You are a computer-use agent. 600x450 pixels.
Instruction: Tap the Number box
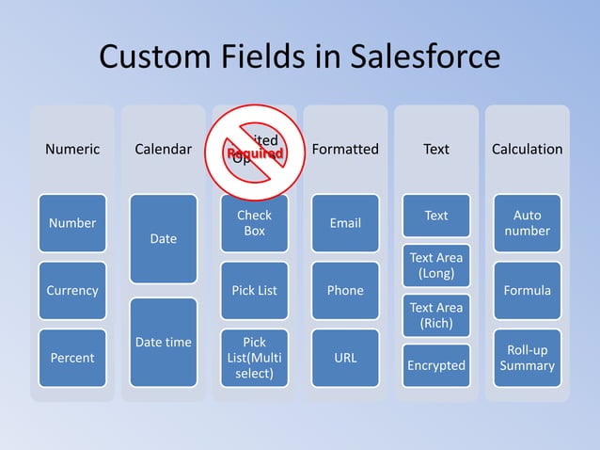[x=72, y=223]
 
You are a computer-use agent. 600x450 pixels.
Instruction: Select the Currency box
[x=72, y=290]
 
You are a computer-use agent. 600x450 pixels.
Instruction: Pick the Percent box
[x=72, y=358]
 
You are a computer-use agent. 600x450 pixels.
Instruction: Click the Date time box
[x=164, y=343]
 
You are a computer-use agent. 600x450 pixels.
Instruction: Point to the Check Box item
[x=254, y=223]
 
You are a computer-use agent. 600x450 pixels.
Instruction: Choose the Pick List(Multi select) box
[x=254, y=358]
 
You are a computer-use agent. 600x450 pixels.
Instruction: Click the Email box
[x=345, y=223]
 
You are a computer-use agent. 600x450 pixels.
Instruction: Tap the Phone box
[x=345, y=290]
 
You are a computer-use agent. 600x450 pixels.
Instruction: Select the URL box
[x=345, y=358]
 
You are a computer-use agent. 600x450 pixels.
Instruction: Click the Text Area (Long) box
[x=436, y=265]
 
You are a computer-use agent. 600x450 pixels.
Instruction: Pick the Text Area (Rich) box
[x=436, y=315]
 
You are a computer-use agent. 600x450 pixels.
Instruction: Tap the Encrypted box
[x=436, y=365]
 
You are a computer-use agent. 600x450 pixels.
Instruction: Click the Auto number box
[x=527, y=223]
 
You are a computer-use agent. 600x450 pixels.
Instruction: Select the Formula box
[x=527, y=290]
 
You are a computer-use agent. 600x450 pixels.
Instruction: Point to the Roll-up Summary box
[x=527, y=358]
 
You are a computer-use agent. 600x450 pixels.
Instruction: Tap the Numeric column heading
[x=72, y=149]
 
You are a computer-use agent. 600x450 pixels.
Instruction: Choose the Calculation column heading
[x=527, y=149]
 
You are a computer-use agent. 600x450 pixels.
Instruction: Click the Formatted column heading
[x=345, y=149]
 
